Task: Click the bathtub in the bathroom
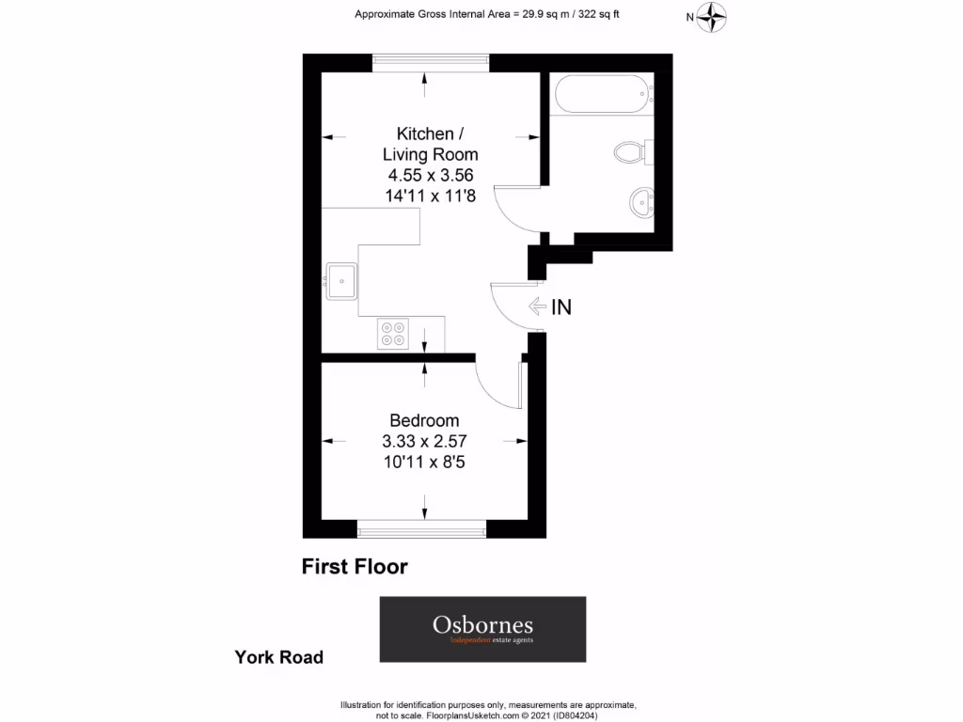click(x=603, y=94)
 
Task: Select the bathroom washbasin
click(x=642, y=202)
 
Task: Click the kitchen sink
click(x=340, y=279)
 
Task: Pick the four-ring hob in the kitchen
click(x=393, y=334)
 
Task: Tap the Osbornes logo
click(x=482, y=629)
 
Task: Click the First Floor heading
click(x=355, y=567)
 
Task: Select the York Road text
click(x=279, y=657)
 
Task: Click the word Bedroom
click(x=424, y=420)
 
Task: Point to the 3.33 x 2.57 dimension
click(x=424, y=440)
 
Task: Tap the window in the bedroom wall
click(x=421, y=528)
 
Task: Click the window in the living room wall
click(x=430, y=63)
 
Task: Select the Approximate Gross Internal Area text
click(x=486, y=14)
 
